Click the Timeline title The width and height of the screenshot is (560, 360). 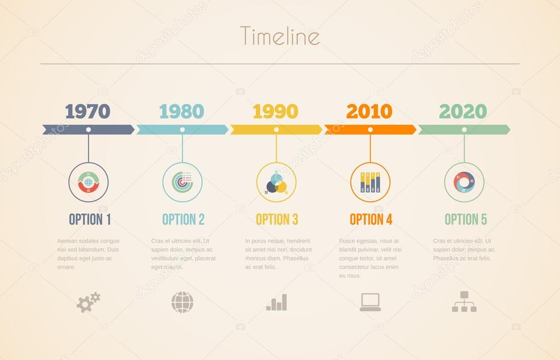[x=279, y=36]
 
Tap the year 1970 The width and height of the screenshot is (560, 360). [x=87, y=111]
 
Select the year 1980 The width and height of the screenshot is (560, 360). [x=182, y=111]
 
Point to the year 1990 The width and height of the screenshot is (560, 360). [x=276, y=111]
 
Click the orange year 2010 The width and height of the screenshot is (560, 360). [x=370, y=111]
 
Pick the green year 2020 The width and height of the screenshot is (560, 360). [x=463, y=111]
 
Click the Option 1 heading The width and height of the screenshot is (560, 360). [x=90, y=219]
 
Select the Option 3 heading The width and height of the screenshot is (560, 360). [x=277, y=219]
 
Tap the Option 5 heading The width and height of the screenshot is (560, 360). [x=465, y=219]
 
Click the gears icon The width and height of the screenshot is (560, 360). [x=88, y=302]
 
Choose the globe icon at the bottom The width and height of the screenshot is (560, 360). [x=182, y=302]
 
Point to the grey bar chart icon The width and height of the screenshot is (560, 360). [x=276, y=303]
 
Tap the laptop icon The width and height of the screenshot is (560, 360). [x=370, y=302]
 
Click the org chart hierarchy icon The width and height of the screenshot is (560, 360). [x=464, y=301]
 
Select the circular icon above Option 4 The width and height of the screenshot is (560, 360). [x=370, y=182]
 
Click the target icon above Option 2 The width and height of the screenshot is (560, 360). [x=182, y=182]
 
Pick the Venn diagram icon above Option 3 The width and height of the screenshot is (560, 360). [x=276, y=182]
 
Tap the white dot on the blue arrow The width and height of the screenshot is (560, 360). [x=182, y=130]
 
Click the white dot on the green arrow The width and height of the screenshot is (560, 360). [x=464, y=130]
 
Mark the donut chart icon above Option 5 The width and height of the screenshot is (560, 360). [x=464, y=182]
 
